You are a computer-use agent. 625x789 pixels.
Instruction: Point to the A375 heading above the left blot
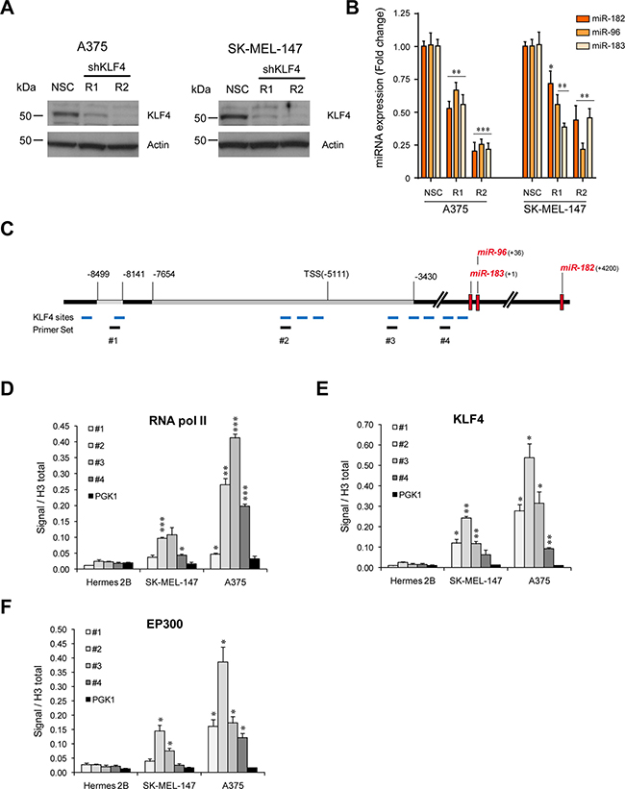click(x=92, y=44)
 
